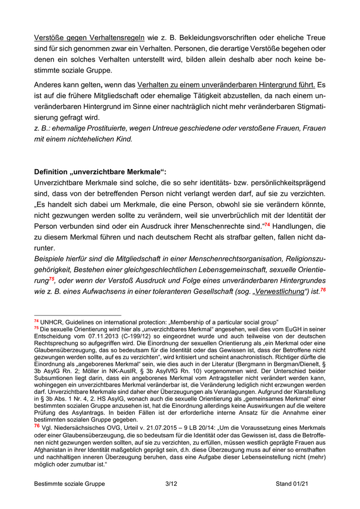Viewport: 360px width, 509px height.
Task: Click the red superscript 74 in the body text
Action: [267, 225]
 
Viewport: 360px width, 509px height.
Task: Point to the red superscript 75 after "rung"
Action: [51, 279]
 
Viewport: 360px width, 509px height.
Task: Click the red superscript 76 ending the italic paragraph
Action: [322, 290]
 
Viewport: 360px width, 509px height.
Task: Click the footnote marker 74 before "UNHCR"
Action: [37, 321]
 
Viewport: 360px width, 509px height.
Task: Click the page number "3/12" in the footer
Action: [171, 484]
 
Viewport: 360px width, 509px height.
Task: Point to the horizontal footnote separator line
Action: [77, 315]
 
